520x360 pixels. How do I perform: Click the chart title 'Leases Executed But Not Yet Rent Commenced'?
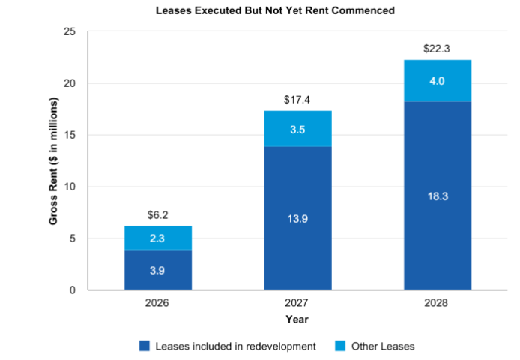point(274,11)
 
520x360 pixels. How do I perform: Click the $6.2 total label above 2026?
point(157,214)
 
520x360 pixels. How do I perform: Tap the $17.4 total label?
point(297,99)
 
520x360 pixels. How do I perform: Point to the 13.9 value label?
point(297,218)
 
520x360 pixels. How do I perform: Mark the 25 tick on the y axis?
point(70,31)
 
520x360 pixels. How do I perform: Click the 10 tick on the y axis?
point(70,187)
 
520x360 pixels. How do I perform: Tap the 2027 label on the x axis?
point(297,303)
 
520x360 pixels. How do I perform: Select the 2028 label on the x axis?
point(438,303)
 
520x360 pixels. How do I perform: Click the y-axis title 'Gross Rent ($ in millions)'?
point(54,160)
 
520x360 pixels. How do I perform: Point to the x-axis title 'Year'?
point(297,319)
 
